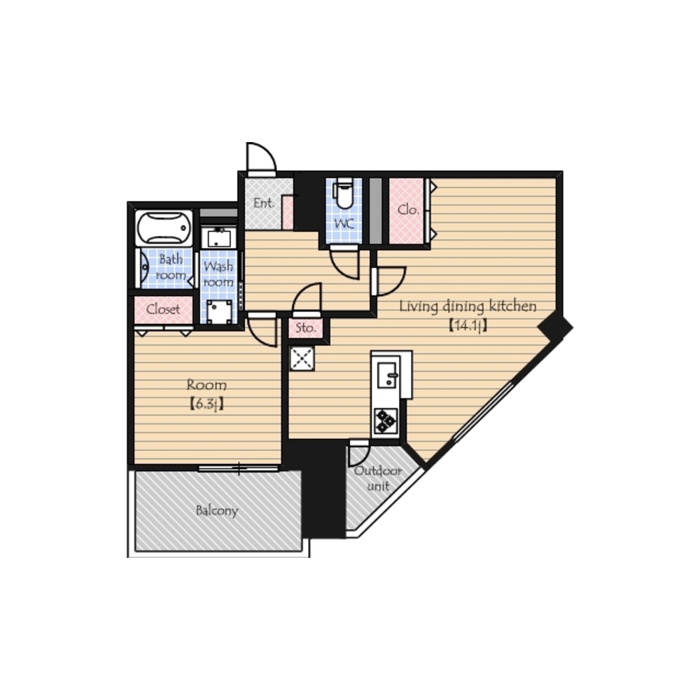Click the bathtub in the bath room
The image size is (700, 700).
pos(164,227)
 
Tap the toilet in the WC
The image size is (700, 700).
pos(344,193)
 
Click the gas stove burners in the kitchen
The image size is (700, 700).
pos(386,421)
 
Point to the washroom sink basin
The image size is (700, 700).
pos(218,237)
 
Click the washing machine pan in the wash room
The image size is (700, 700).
pos(219,312)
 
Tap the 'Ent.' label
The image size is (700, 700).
pos(263,203)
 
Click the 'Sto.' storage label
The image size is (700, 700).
pos(306,328)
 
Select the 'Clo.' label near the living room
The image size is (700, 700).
pos(408,209)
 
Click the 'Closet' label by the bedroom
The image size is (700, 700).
pos(163,309)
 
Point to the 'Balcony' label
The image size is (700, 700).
pos(217,511)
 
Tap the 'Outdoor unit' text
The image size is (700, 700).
pos(378,478)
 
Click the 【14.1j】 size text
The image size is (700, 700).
pos(468,325)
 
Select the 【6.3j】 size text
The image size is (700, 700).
pos(206,404)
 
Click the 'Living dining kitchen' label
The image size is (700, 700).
pos(468,307)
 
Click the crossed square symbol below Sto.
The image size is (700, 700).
pos(302,358)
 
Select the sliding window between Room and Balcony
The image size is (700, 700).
pos(239,468)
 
